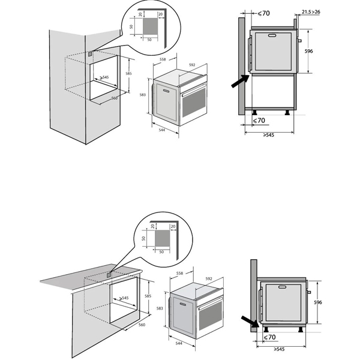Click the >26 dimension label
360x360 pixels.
coord(323,11)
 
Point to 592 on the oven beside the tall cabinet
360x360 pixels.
coord(193,65)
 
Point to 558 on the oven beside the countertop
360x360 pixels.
coord(179,274)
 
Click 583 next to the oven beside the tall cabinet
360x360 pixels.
coord(143,95)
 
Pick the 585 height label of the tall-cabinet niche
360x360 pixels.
coord(128,74)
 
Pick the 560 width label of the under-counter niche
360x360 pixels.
coord(142,325)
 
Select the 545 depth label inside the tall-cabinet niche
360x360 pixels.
coord(105,77)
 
